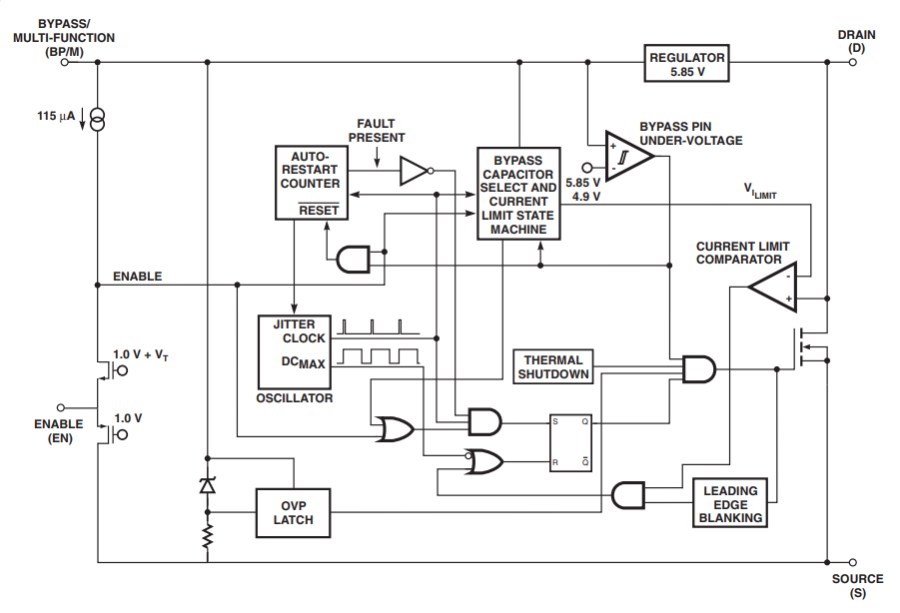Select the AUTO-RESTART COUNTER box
tap(309, 183)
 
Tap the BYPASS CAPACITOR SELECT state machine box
tap(518, 195)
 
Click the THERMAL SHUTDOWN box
tap(552, 367)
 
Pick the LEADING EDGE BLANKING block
tap(730, 504)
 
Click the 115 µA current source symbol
tap(97, 121)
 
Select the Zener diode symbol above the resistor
tap(207, 486)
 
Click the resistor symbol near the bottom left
tap(207, 537)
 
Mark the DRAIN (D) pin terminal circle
tap(853, 62)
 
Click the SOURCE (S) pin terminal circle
tap(853, 561)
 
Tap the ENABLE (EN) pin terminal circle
tap(62, 407)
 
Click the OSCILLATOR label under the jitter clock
tap(295, 398)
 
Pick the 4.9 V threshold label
tap(586, 197)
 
